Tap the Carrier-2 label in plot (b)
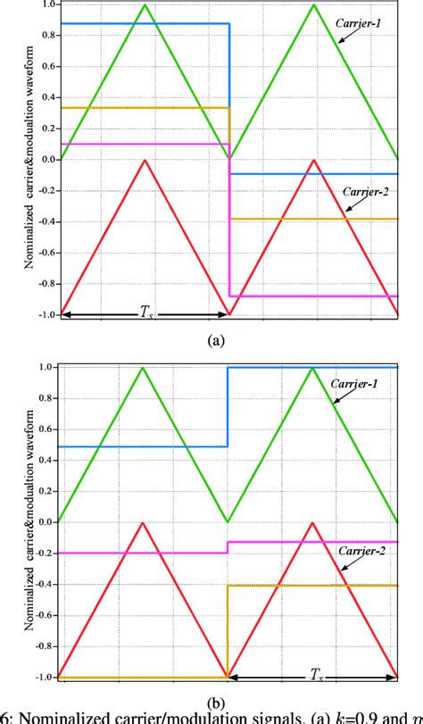(x=361, y=552)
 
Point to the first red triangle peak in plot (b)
(x=144, y=522)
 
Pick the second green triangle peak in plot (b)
(x=312, y=368)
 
